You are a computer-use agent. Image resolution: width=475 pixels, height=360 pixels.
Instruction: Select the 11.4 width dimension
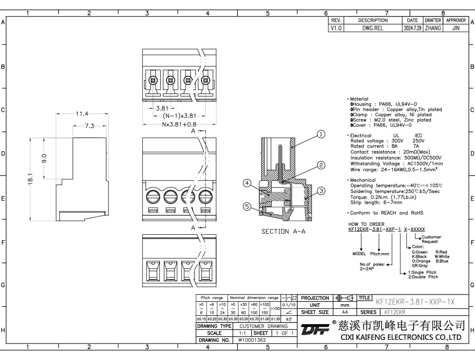click(82, 114)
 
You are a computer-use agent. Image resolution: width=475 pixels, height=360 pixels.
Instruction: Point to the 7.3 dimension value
click(90, 126)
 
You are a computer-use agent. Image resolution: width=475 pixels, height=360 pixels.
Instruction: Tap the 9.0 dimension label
click(44, 158)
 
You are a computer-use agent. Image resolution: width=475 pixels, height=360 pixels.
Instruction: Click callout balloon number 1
click(321, 135)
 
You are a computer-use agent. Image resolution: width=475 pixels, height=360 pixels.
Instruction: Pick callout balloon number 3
click(321, 191)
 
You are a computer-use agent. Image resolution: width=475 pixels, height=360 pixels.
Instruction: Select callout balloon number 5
click(247, 207)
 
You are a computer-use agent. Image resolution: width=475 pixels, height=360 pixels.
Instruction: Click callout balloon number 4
click(247, 183)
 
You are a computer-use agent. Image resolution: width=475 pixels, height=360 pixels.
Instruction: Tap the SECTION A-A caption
click(283, 232)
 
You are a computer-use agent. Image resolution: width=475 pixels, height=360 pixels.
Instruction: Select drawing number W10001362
click(252, 340)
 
